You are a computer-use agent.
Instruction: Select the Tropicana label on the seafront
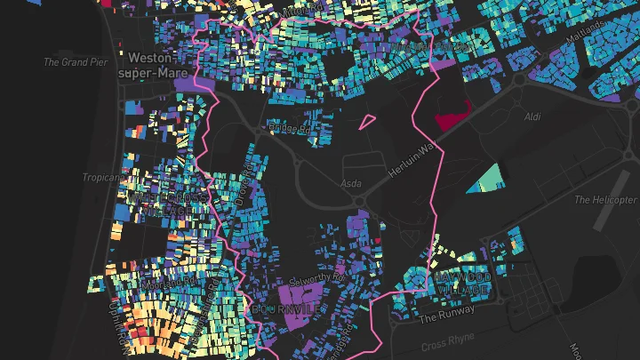pyautogui.click(x=101, y=178)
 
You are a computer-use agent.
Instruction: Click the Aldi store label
pyautogui.click(x=532, y=116)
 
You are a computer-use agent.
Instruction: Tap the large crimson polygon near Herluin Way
pyautogui.click(x=451, y=115)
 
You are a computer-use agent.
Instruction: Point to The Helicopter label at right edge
pyautogui.click(x=607, y=200)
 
